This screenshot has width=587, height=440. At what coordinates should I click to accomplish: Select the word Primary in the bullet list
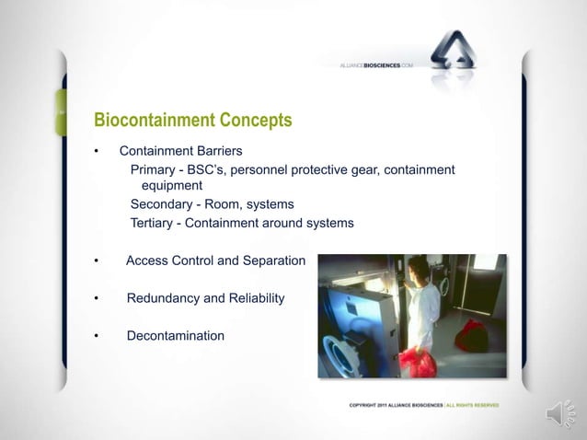tap(155, 170)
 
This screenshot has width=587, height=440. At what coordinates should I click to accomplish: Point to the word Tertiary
tap(156, 223)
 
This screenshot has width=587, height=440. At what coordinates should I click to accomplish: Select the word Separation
tap(272, 261)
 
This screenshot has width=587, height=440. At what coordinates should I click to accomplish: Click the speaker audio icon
tap(560, 413)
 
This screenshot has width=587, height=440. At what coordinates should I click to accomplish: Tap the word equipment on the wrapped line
tap(170, 187)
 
